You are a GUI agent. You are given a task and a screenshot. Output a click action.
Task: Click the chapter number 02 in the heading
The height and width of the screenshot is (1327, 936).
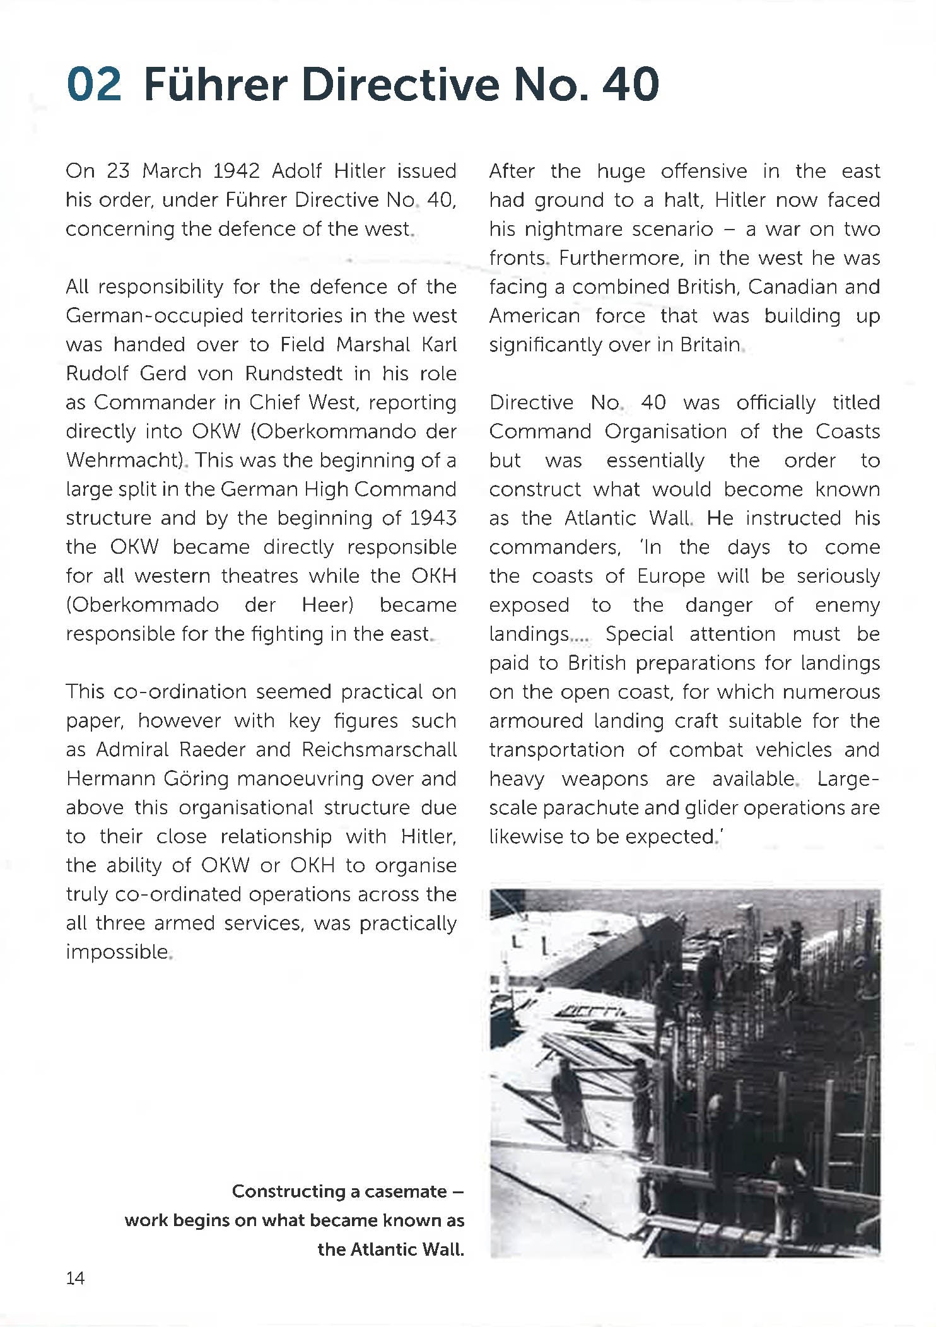pyautogui.click(x=94, y=84)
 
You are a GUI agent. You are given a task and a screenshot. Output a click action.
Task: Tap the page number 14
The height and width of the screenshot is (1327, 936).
pyautogui.click(x=75, y=1278)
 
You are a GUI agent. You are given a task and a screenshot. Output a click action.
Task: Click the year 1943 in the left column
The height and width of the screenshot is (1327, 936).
pyautogui.click(x=433, y=518)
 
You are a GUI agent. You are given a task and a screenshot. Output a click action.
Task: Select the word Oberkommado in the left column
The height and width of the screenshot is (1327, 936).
pyautogui.click(x=142, y=605)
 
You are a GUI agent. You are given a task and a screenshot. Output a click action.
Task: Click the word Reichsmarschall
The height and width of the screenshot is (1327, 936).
pyautogui.click(x=379, y=749)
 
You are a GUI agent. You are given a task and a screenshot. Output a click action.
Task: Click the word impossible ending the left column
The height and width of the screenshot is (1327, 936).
pyautogui.click(x=117, y=952)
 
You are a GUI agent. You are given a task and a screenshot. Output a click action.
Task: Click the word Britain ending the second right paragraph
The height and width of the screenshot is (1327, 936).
pyautogui.click(x=710, y=345)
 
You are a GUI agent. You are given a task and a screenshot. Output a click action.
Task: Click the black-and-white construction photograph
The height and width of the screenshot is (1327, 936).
pyautogui.click(x=684, y=1072)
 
